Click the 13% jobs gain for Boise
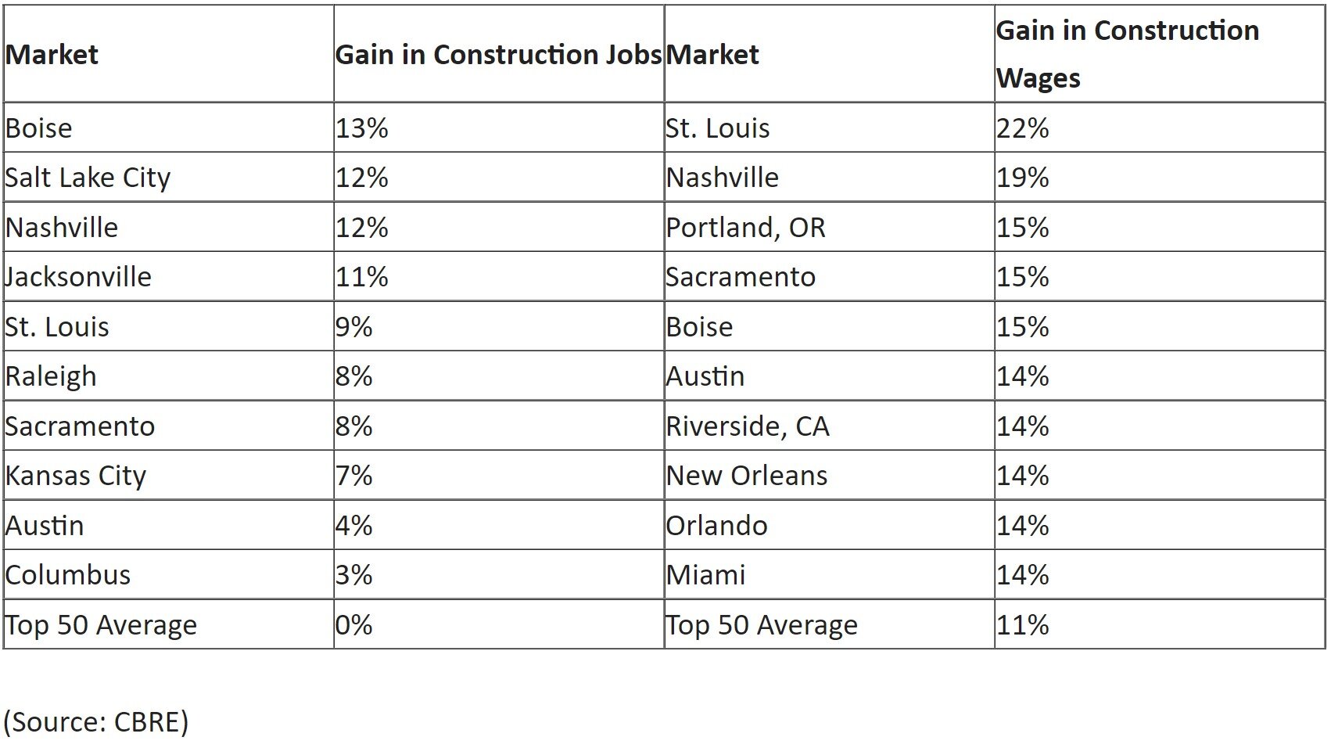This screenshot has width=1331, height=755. [x=362, y=128]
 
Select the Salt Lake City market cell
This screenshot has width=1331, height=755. [x=88, y=178]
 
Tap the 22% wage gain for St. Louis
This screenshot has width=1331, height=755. [x=1022, y=128]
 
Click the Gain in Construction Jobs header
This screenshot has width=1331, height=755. [x=498, y=54]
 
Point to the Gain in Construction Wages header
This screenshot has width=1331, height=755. [x=1127, y=54]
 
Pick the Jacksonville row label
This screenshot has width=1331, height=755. [x=77, y=277]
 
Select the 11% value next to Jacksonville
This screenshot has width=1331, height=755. [x=362, y=277]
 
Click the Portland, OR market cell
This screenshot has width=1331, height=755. [x=745, y=228]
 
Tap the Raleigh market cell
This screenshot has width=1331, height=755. [x=51, y=376]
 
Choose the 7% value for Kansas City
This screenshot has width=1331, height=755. [x=354, y=476]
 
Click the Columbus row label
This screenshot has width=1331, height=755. [x=67, y=575]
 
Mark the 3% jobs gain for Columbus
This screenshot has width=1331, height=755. [x=354, y=575]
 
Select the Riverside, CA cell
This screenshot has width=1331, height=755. [x=747, y=426]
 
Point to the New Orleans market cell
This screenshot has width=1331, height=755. [x=746, y=476]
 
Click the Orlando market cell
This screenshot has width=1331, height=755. [x=716, y=526]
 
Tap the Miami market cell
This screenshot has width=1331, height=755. [x=705, y=575]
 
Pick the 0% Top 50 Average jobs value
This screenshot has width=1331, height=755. [x=354, y=625]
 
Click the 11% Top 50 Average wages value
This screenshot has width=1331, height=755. [x=1022, y=625]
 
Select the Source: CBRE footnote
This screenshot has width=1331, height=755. [x=96, y=721]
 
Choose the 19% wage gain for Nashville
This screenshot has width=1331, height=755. [x=1022, y=178]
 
